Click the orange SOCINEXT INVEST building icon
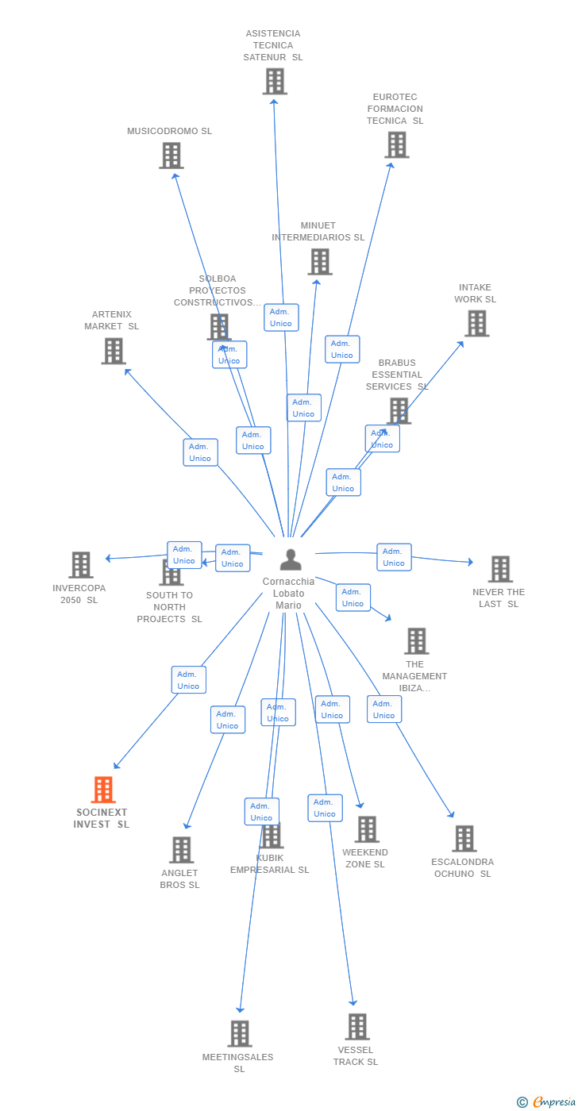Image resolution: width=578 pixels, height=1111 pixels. click(103, 790)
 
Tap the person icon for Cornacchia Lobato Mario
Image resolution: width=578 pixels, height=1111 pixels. click(291, 559)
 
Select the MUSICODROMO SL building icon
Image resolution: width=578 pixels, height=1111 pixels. click(171, 156)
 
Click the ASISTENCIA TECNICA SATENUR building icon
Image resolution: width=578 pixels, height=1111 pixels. click(275, 82)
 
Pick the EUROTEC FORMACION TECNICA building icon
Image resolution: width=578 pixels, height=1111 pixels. click(397, 145)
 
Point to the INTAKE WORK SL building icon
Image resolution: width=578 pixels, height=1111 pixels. click(476, 324)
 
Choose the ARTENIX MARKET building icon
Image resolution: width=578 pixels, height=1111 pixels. click(114, 351)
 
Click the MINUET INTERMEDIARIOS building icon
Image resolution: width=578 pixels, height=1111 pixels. click(319, 262)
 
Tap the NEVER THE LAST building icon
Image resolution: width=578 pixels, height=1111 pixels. click(500, 569)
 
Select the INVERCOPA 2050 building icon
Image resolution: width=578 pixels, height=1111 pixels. click(81, 565)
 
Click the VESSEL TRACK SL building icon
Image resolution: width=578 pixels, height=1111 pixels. click(357, 1027)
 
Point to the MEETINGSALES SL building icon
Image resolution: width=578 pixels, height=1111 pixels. click(240, 1034)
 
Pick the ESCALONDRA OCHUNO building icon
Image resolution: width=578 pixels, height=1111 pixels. click(464, 839)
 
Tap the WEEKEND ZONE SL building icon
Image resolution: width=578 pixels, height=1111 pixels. click(367, 829)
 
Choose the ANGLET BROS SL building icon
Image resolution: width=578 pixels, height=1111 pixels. click(182, 850)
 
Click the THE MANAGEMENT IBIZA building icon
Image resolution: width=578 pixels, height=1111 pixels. click(416, 641)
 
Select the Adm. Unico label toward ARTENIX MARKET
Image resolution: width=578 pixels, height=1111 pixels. click(200, 452)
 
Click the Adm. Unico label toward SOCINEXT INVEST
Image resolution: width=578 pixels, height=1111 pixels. click(188, 680)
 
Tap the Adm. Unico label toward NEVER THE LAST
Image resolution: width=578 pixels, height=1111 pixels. click(394, 557)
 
